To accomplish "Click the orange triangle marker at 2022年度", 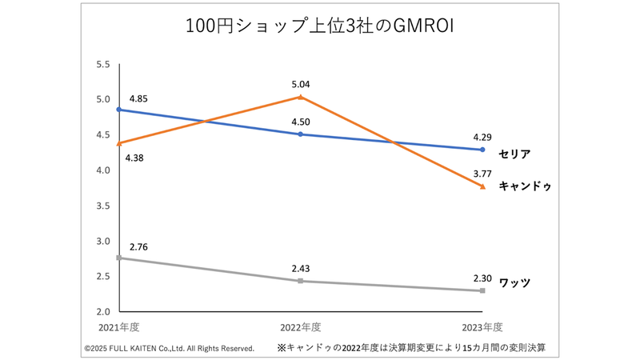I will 300,97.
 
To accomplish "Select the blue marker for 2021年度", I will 119,110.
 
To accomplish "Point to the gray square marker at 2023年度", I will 482,290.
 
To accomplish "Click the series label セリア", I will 514,153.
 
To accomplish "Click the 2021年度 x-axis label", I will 119,326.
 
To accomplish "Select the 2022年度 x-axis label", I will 300,326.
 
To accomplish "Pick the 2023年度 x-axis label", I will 482,326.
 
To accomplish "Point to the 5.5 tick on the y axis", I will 103,64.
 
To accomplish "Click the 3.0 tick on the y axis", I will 103,241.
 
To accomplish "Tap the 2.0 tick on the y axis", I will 103,311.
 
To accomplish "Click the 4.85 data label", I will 138,99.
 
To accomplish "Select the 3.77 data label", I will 482,172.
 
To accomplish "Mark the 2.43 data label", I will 300,268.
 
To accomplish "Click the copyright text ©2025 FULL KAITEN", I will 169,348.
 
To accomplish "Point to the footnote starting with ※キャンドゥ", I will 417,348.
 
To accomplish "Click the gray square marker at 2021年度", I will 119,258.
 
